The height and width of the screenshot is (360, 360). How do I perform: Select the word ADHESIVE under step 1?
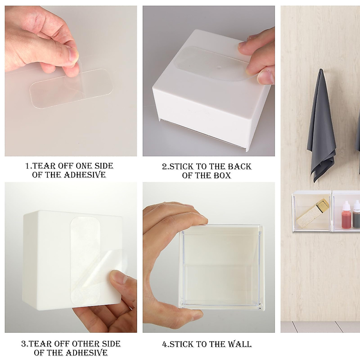point(85,175)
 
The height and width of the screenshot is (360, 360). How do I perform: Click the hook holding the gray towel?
point(321,70)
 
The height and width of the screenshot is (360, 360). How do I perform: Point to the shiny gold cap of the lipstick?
point(323,204)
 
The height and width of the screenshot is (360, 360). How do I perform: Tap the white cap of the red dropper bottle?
point(346,205)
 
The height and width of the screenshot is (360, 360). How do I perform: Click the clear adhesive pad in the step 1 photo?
point(71,88)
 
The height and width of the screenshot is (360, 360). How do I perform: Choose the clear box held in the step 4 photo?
point(222,270)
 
